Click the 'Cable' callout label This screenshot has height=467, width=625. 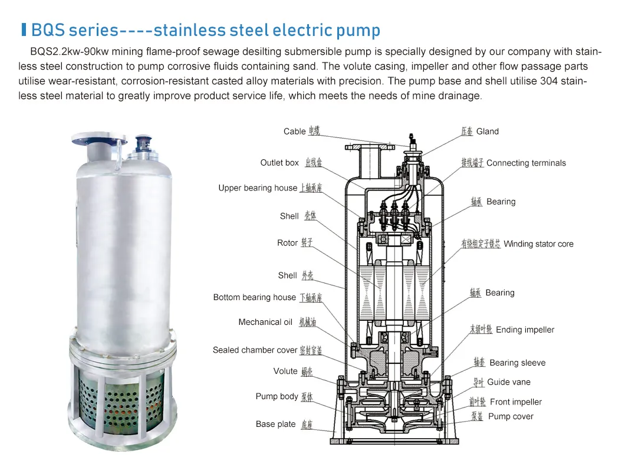(294, 131)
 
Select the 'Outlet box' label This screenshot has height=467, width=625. (279, 163)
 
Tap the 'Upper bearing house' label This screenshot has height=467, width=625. (258, 188)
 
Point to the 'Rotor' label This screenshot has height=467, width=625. (287, 243)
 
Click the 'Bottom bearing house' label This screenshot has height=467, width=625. (254, 297)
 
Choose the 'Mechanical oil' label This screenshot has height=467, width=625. (265, 322)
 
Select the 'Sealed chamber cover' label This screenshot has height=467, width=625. (255, 350)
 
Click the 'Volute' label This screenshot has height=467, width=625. (285, 371)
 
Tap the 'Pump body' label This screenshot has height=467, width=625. (277, 396)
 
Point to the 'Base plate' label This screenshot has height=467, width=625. (275, 424)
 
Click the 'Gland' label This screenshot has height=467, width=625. (488, 131)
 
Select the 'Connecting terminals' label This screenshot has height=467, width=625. (526, 163)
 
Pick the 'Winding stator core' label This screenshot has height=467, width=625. (538, 244)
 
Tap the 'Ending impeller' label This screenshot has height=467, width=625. (525, 330)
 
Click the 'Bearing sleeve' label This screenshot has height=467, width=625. (517, 363)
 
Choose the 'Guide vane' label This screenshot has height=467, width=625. (509, 382)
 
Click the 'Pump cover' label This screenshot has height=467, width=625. (511, 416)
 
